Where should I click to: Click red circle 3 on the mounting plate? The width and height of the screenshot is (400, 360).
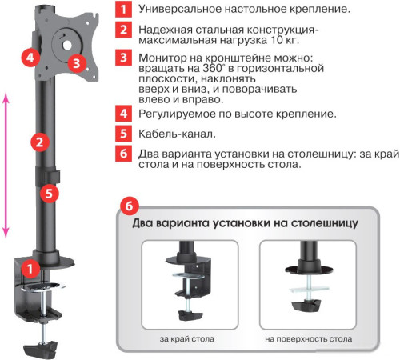[x=75, y=62]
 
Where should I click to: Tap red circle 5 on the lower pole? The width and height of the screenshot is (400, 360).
[x=47, y=193]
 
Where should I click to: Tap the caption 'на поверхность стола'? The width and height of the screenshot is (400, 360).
[x=309, y=339]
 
